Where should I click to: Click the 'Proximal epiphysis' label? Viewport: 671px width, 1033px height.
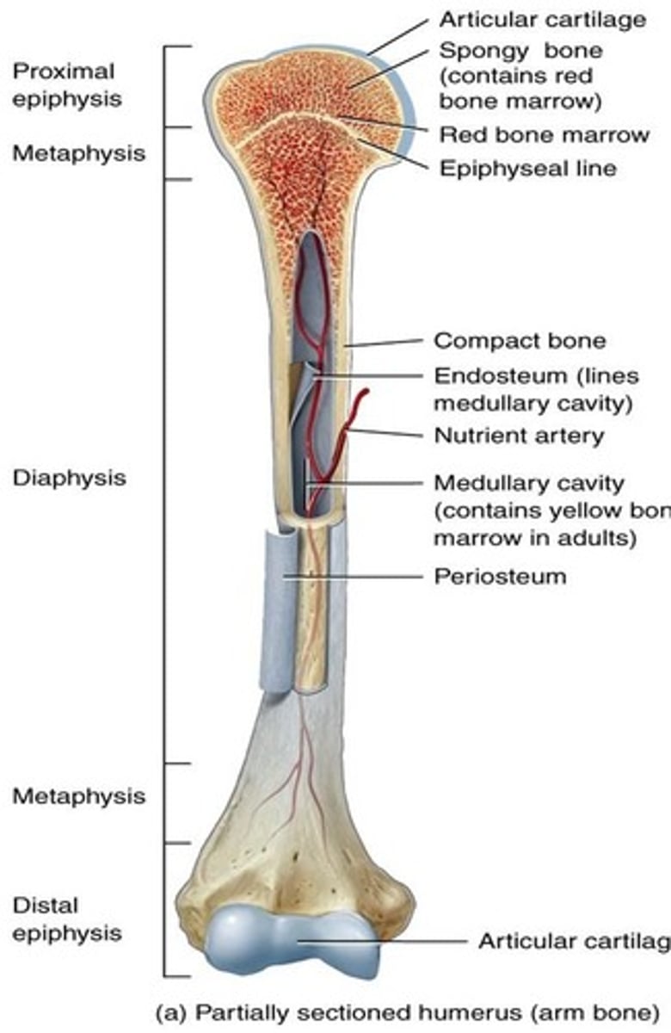click(67, 85)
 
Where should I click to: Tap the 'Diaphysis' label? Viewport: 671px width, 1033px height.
click(69, 478)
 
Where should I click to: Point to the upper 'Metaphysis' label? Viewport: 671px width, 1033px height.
click(79, 153)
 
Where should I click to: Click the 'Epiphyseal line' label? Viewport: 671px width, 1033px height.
click(528, 169)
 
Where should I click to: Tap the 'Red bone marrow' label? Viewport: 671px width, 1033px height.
click(545, 135)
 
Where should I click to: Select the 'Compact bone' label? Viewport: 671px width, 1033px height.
click(520, 341)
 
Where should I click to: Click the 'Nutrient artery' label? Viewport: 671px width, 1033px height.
click(519, 436)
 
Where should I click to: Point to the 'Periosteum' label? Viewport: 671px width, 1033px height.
click(500, 577)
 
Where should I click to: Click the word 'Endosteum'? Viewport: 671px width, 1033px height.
click(500, 376)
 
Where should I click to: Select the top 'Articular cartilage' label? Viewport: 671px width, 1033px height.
click(543, 20)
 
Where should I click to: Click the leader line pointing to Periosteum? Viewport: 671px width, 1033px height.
click(353, 577)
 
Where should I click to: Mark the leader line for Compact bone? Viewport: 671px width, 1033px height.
click(384, 343)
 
